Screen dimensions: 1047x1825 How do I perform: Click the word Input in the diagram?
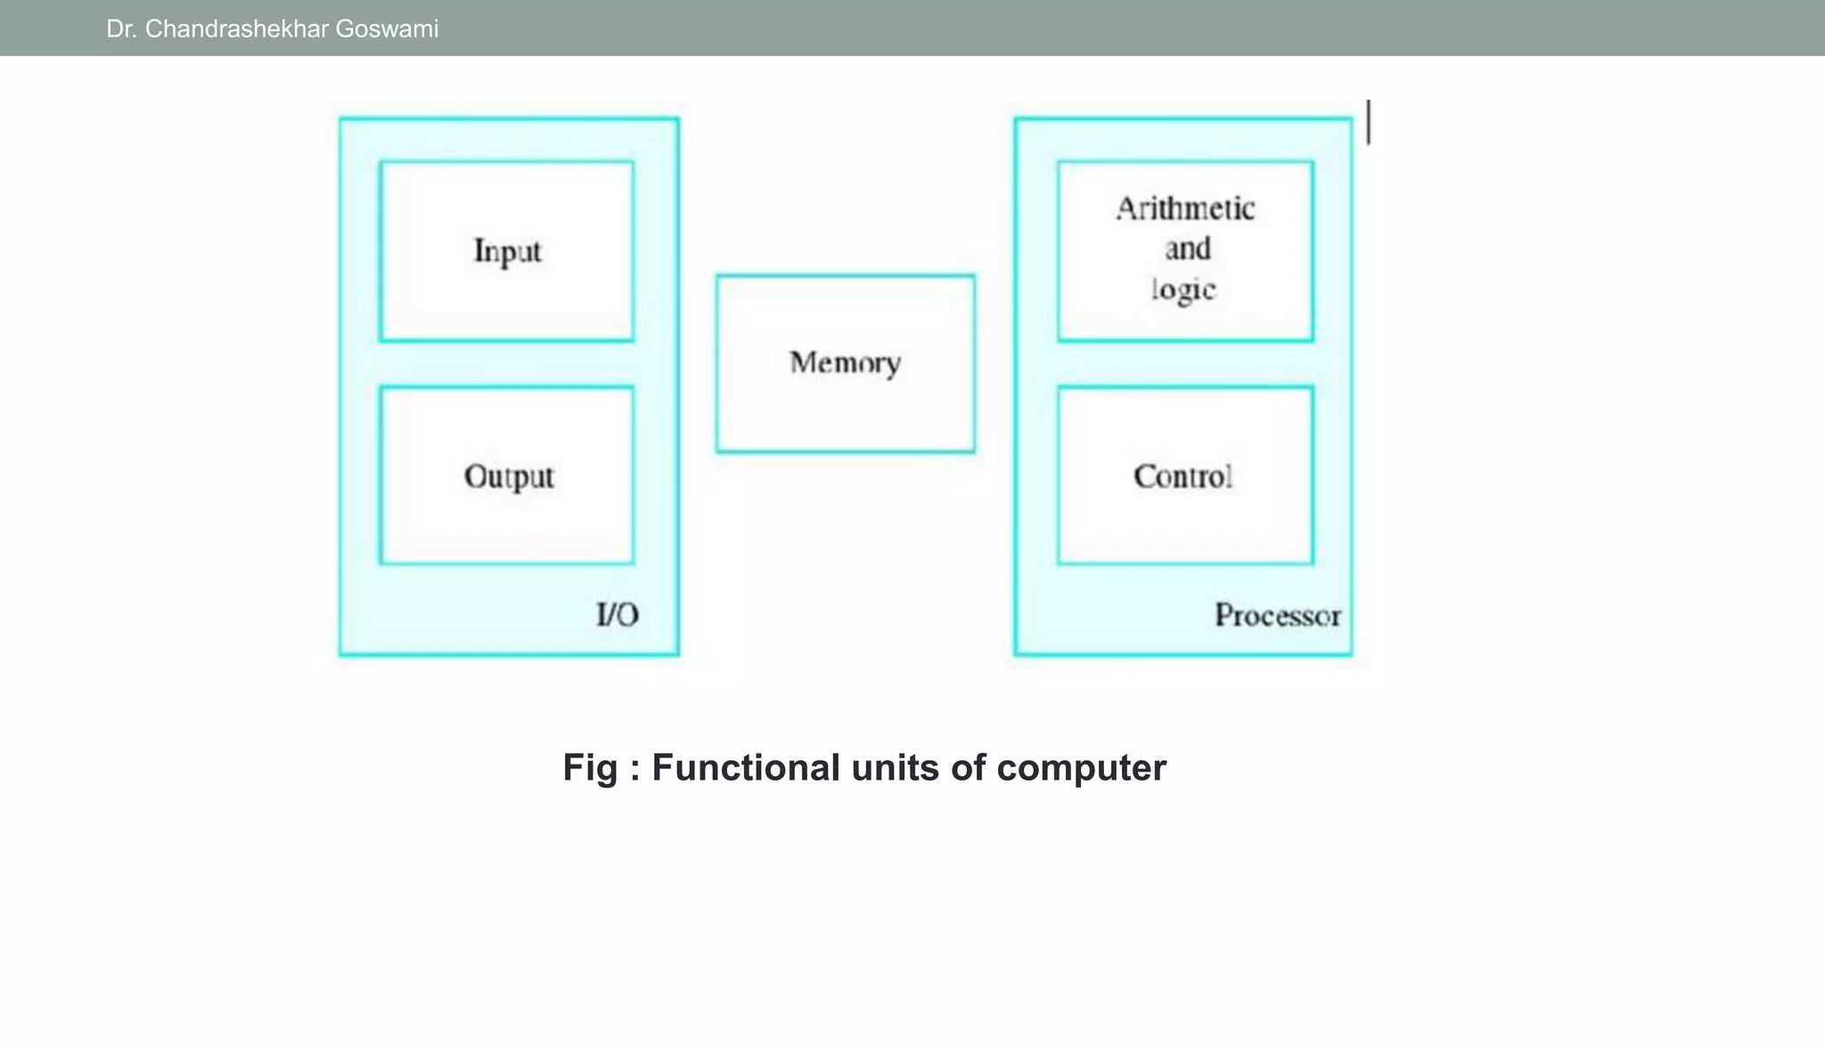[507, 251]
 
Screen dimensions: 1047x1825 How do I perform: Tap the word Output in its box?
[509, 477]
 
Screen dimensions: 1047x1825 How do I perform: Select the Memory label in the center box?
[845, 363]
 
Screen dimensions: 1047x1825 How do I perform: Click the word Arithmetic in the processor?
[1185, 209]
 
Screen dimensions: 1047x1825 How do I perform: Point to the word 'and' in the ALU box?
[1188, 249]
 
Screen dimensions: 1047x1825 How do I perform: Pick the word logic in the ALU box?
[1183, 290]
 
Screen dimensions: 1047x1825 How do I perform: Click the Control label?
[1183, 477]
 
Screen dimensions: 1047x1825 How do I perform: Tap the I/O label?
[617, 615]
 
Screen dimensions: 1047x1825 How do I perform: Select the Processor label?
[1277, 616]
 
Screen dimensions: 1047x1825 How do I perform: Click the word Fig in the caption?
[589, 768]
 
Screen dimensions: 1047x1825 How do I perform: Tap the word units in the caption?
[894, 768]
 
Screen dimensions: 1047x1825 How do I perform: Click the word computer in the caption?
[1081, 768]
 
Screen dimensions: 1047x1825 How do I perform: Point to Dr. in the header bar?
[121, 29]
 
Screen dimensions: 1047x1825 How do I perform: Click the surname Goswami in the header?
[387, 29]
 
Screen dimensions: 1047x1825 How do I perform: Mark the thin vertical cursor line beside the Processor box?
[1369, 122]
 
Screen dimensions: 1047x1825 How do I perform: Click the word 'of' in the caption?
[968, 768]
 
